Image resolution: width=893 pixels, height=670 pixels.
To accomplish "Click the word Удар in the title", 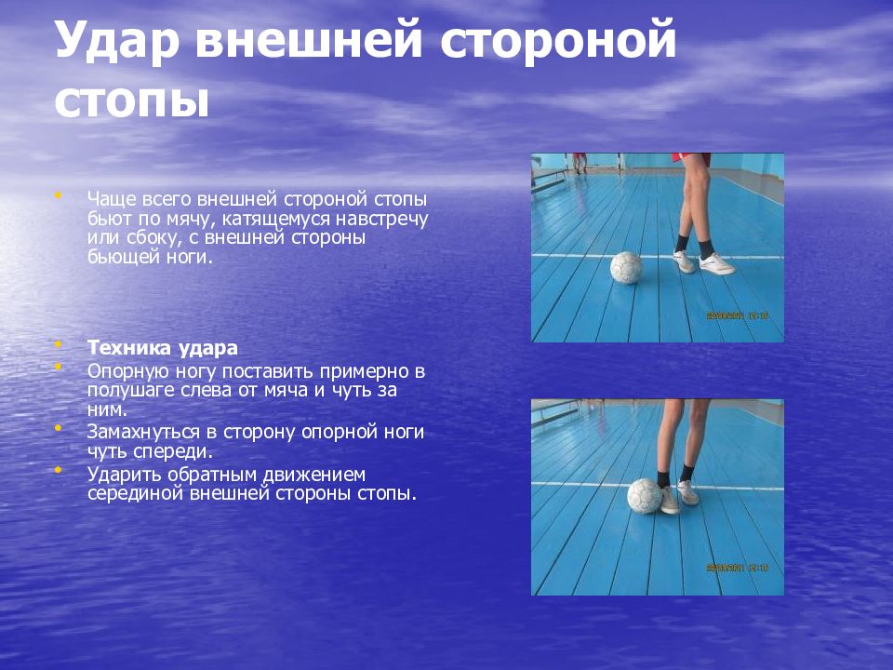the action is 117,42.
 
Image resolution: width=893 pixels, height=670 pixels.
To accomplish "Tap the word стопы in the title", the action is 132,101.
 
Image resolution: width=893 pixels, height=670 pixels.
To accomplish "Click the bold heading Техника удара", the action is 162,347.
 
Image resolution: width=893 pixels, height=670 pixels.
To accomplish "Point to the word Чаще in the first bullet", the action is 112,200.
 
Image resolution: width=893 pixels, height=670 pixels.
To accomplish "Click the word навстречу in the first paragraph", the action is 381,219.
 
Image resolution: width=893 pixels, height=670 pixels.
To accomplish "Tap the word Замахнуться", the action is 143,433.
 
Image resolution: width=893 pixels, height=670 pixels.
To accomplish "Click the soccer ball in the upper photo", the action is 626,267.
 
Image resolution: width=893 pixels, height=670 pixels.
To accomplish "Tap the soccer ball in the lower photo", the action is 645,496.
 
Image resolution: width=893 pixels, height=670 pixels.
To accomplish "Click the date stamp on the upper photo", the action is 738,315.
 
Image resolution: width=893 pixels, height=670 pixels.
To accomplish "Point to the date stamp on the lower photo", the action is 738,568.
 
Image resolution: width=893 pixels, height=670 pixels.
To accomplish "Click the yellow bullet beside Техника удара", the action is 58,344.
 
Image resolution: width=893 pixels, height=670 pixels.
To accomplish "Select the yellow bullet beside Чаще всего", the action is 58,195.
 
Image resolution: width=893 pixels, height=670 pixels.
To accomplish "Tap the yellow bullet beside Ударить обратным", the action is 58,470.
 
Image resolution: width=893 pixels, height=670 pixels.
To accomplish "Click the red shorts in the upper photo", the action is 690,158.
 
